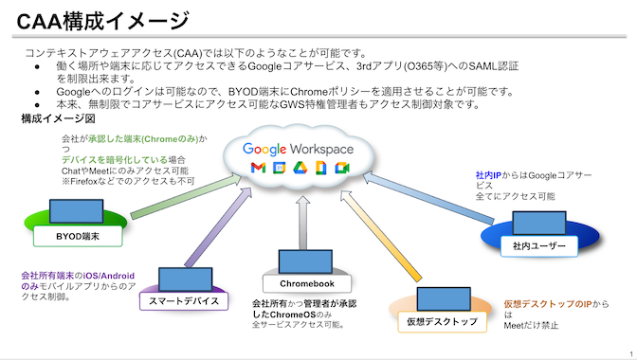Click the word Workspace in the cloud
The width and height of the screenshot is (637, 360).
point(321,149)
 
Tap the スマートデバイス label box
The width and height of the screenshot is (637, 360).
point(185,300)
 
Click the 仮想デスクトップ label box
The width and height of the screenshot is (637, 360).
point(442,321)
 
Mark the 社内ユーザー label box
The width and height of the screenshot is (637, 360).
point(537,246)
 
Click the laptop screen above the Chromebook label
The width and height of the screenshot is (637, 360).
point(300,261)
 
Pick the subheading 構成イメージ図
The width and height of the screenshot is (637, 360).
point(58,119)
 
